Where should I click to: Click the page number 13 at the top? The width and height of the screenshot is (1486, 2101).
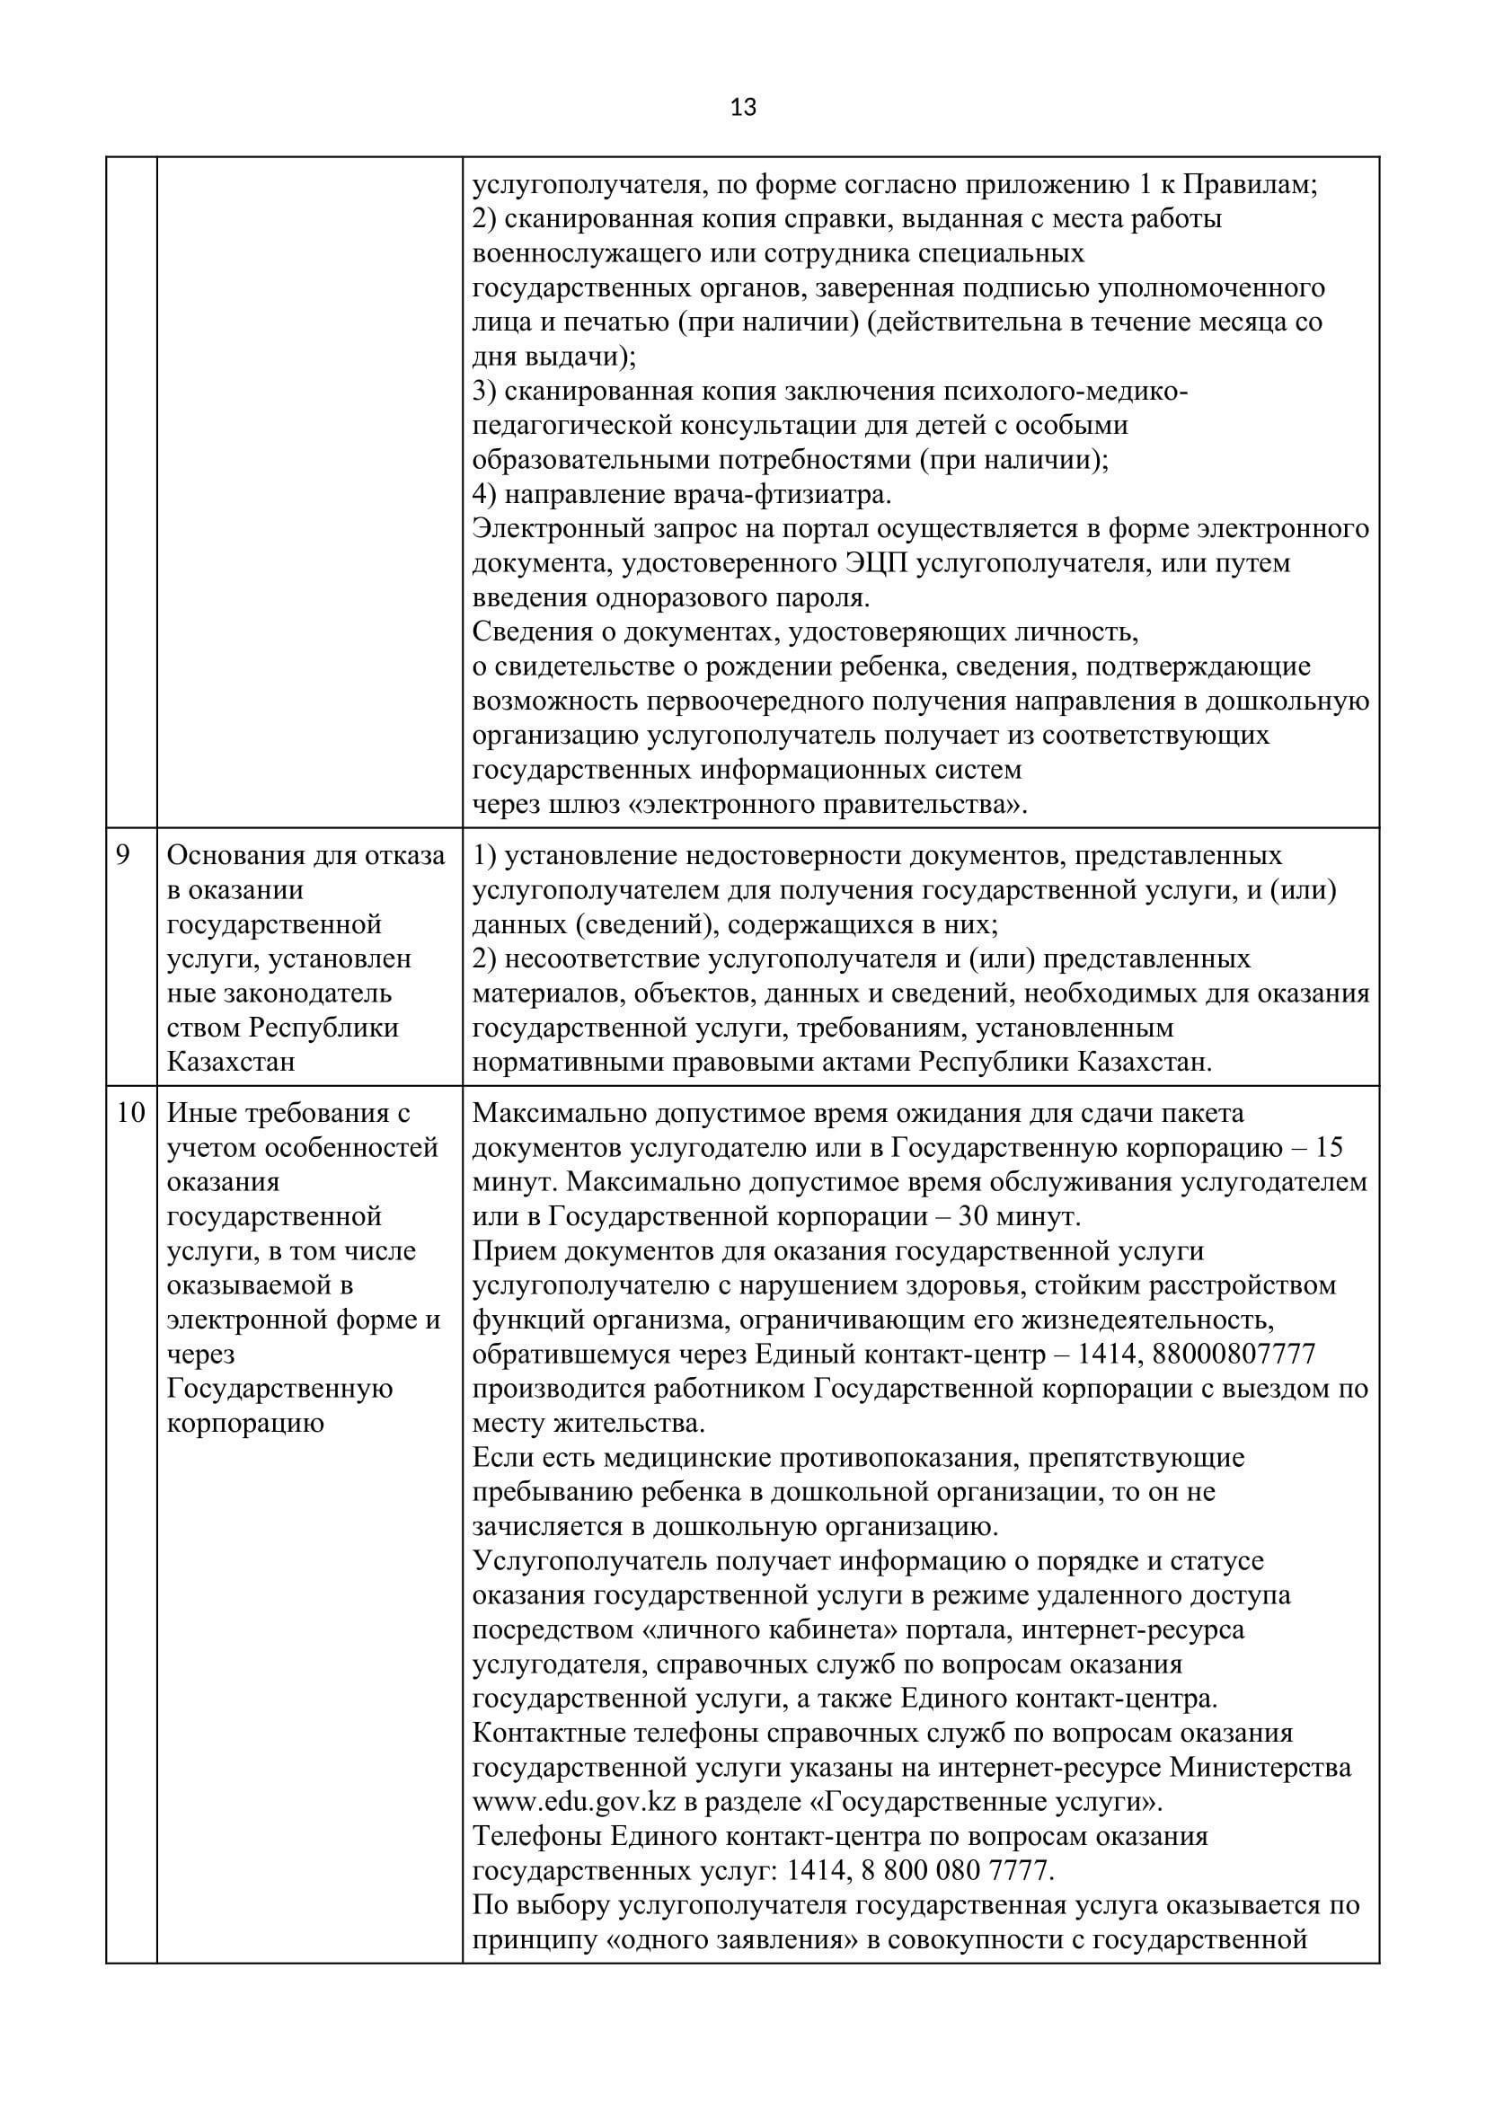[743, 108]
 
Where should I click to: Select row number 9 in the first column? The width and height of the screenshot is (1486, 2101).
[123, 854]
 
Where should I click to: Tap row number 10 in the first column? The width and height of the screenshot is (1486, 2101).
[131, 1113]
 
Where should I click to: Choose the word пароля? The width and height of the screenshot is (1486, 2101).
[813, 597]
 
